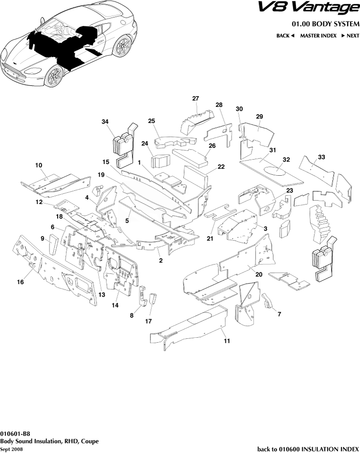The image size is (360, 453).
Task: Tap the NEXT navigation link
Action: coord(350,36)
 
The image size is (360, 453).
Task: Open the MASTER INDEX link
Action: coord(318,36)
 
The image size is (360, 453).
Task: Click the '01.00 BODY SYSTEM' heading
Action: coord(325,24)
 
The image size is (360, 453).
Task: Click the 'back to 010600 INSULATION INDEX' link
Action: coord(308,448)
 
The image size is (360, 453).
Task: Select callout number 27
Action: coord(195,99)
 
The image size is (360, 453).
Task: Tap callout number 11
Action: coord(227,341)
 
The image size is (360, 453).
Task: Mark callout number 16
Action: coord(20,282)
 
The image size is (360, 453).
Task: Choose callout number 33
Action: coord(321,157)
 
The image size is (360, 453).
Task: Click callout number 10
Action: coord(39,166)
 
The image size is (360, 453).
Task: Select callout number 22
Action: coord(221,167)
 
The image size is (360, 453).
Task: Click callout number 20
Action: coord(259,274)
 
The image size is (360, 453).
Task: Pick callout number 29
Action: coord(259,116)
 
